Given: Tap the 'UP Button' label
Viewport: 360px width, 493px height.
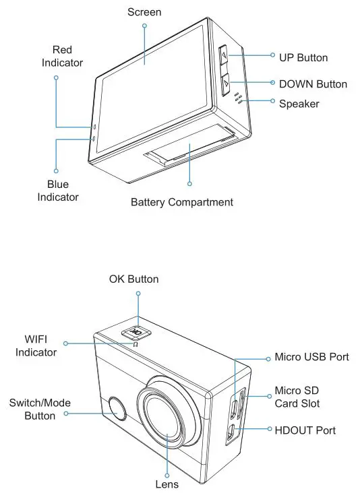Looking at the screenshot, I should [x=303, y=57].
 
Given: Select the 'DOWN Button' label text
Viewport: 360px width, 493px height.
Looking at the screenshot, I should [x=313, y=84].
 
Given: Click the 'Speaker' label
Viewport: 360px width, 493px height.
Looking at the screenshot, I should [x=299, y=104].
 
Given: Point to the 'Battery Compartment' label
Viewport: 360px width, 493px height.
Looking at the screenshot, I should [x=182, y=202].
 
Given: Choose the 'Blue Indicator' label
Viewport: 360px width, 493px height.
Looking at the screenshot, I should [x=58, y=191].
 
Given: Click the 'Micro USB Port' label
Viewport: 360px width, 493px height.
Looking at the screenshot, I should [x=311, y=356].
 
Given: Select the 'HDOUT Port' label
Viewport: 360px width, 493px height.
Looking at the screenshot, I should [x=305, y=429].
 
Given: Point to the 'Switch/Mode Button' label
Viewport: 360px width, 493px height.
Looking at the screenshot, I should [x=40, y=409].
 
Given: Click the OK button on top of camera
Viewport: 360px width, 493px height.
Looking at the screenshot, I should [x=138, y=332].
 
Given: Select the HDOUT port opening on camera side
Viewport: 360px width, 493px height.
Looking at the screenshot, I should [x=231, y=434].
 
